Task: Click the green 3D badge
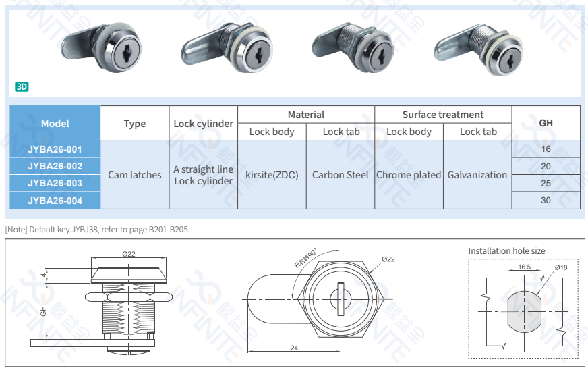(22, 87)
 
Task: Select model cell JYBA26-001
(55, 149)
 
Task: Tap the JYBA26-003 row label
(55, 183)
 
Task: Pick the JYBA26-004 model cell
(55, 201)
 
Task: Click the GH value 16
(546, 149)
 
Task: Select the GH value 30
(546, 201)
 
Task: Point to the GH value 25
(546, 183)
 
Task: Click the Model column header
(55, 123)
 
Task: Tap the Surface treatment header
(443, 115)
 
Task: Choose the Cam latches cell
(135, 175)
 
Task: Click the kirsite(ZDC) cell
(272, 175)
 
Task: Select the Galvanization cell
(477, 175)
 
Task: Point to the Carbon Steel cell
(340, 175)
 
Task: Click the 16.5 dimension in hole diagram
(524, 267)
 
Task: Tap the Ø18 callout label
(561, 267)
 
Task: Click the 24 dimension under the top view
(294, 348)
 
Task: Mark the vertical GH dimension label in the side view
(43, 311)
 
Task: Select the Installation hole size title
(506, 251)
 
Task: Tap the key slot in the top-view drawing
(341, 298)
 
